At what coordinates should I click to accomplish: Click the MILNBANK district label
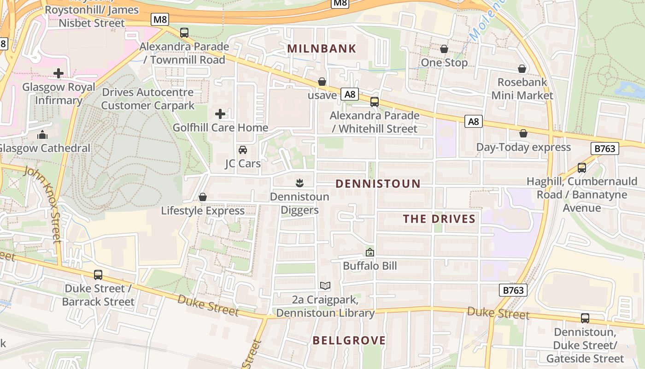(322, 48)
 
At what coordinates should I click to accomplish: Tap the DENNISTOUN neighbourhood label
(378, 184)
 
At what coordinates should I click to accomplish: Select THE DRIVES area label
(439, 219)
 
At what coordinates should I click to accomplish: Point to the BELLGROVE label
(349, 340)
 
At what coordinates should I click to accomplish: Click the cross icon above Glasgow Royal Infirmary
(59, 73)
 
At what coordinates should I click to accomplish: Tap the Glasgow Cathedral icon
(42, 135)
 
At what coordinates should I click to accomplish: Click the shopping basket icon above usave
(322, 82)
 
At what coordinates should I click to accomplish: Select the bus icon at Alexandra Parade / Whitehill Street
(375, 102)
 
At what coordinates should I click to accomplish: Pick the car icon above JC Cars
(242, 150)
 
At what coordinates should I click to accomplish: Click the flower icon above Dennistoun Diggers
(299, 183)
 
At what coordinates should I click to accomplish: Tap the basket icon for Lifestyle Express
(202, 197)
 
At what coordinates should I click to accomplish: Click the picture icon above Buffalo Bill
(369, 252)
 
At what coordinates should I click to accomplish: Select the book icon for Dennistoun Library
(325, 286)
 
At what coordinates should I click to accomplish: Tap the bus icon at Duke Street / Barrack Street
(98, 275)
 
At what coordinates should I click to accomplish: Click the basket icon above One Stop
(444, 49)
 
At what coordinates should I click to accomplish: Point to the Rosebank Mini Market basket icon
(522, 69)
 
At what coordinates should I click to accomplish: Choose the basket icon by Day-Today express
(523, 133)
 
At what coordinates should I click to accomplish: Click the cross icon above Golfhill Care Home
(220, 113)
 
